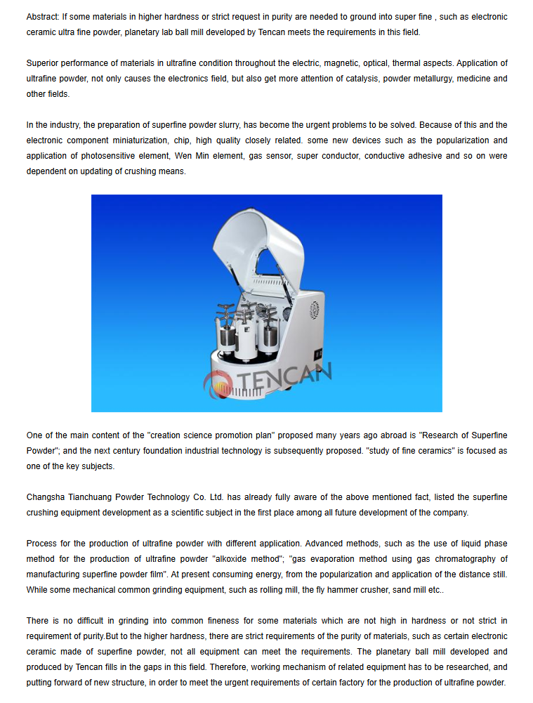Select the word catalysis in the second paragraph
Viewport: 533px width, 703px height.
[x=362, y=79]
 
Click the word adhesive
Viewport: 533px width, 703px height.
[x=424, y=156]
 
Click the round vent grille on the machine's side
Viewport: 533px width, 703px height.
[x=314, y=310]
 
